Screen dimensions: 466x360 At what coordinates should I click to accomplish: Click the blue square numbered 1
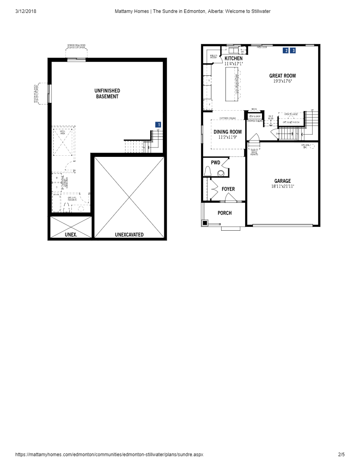(x=158, y=125)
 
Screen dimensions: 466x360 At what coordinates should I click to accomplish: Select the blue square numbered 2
(x=286, y=51)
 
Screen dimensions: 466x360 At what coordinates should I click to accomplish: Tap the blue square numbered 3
(x=293, y=51)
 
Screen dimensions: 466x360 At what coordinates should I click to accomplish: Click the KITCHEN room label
(x=233, y=58)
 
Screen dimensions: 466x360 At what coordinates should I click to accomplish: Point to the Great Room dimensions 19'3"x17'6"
(x=282, y=81)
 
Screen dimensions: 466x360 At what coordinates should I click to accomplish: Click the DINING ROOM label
(x=227, y=132)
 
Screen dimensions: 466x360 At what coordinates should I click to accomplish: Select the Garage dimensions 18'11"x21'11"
(x=282, y=186)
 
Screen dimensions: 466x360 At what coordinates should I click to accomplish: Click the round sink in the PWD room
(x=221, y=173)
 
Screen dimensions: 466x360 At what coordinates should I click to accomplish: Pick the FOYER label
(x=228, y=189)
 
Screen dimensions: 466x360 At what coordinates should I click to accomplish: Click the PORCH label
(x=225, y=213)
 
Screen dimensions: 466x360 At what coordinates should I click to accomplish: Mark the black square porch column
(x=205, y=223)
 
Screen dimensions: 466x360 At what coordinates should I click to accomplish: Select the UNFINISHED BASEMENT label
(x=107, y=93)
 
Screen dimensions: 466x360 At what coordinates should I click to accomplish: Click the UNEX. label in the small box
(x=71, y=235)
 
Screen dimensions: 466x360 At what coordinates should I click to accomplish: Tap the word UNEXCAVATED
(x=129, y=235)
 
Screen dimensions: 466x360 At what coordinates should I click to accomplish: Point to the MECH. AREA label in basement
(x=62, y=133)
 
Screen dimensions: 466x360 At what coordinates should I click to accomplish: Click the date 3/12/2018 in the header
(x=25, y=11)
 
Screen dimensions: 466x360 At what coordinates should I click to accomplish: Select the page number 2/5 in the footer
(x=341, y=455)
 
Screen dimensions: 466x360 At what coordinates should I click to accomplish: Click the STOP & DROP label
(x=255, y=116)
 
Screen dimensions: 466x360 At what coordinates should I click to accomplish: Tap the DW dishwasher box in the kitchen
(x=242, y=51)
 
